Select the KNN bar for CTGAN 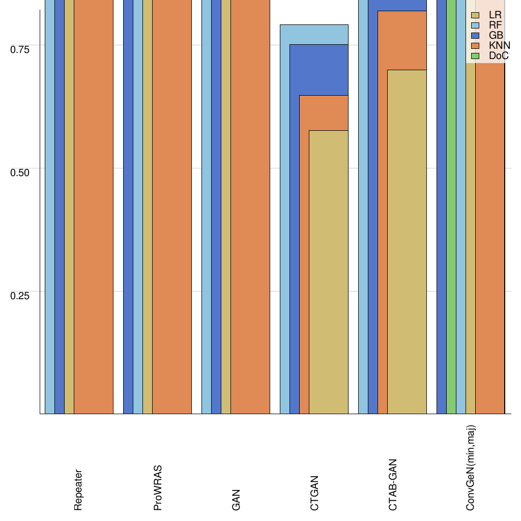coord(304,254)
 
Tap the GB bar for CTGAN coord(294,229)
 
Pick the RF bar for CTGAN coord(284,219)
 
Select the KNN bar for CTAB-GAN coord(382,214)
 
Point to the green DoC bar coord(451,204)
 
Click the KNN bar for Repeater coord(94,204)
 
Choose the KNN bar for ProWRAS coord(172,204)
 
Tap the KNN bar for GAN coord(250,204)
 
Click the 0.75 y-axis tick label coord(20,49)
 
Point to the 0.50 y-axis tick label coord(20,172)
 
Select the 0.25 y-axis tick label coord(20,295)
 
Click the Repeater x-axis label coord(78,490)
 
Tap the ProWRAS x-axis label coord(158,488)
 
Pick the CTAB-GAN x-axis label coord(393,485)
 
